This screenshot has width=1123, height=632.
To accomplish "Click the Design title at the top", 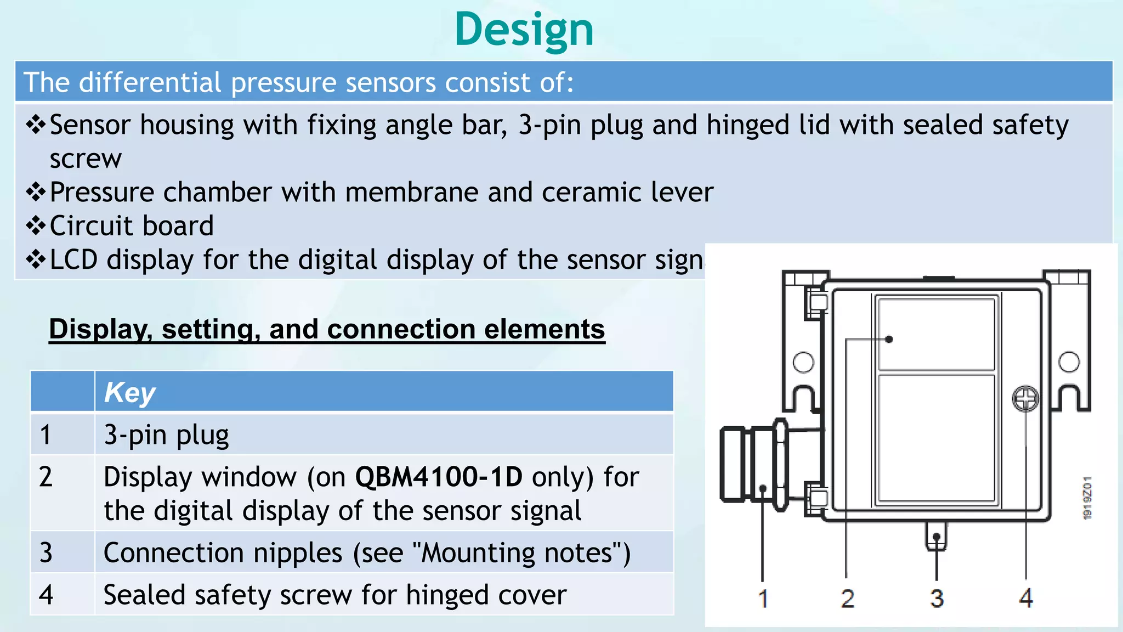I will (x=524, y=30).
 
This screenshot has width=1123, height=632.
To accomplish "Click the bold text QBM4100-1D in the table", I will (x=439, y=477).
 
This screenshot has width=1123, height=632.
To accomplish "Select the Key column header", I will (x=130, y=392).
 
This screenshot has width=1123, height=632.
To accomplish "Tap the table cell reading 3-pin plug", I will (x=166, y=435).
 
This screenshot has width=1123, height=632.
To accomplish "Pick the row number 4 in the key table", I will (x=46, y=595).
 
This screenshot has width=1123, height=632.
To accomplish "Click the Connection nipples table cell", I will (x=366, y=552).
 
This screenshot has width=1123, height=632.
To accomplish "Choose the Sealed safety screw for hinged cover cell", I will (x=334, y=595).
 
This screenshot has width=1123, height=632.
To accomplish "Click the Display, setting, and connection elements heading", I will (x=327, y=329).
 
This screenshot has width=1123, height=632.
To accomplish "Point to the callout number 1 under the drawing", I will (x=763, y=598).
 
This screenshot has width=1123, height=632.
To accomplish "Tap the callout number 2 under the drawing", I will (x=847, y=598).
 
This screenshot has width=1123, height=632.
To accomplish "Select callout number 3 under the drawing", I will (x=937, y=598).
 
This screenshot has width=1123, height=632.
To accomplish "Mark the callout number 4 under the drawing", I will (x=1026, y=598).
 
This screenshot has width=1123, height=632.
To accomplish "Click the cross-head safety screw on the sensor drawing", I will (x=1025, y=399).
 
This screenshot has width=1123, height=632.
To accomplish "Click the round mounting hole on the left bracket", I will (x=803, y=362).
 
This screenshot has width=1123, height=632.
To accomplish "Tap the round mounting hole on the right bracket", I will (x=1069, y=362).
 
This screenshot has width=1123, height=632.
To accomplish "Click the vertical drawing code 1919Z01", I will (x=1087, y=498).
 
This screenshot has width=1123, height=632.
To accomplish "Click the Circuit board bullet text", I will (x=132, y=226).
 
